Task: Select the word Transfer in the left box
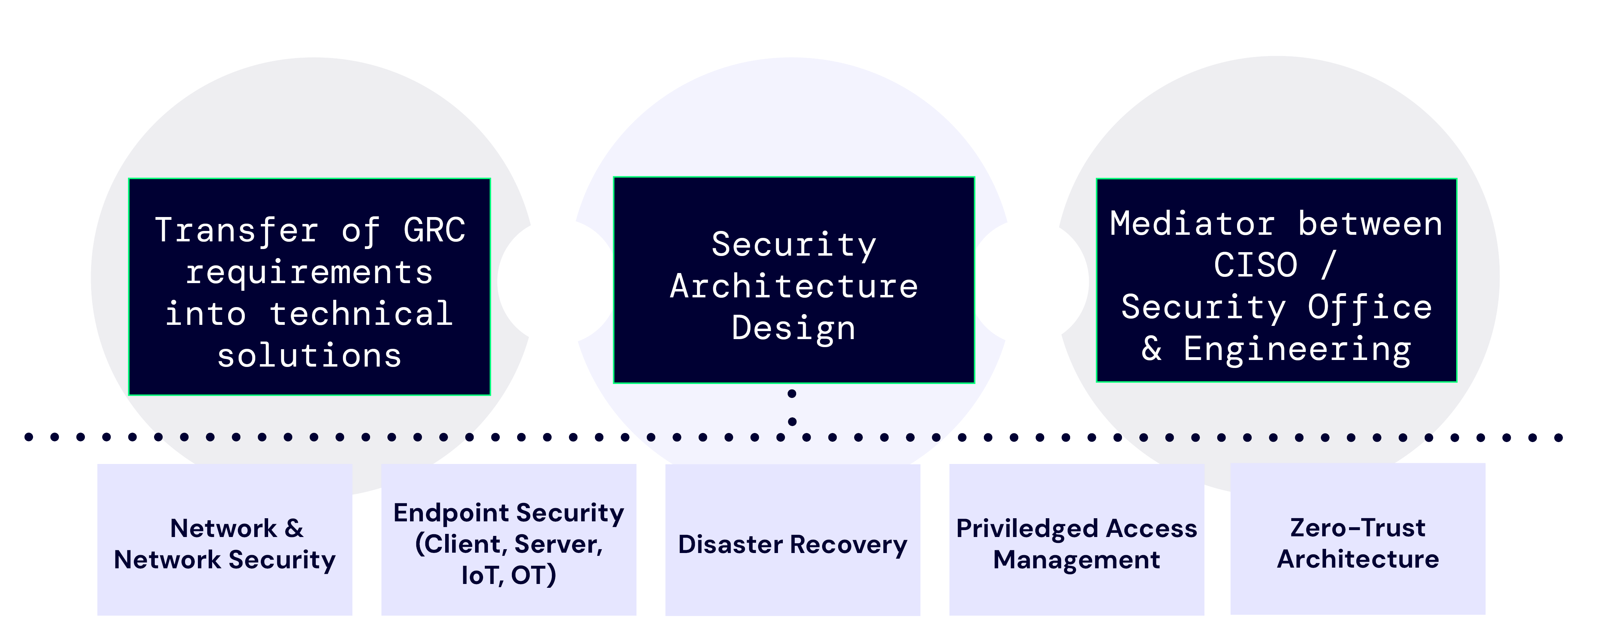(x=236, y=230)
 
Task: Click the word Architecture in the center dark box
(x=794, y=286)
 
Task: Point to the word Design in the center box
(x=794, y=328)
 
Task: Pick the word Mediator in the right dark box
(x=1192, y=224)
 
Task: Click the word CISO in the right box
(x=1255, y=265)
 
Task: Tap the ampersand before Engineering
(x=1151, y=349)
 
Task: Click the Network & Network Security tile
(x=224, y=539)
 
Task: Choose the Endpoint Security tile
(x=508, y=539)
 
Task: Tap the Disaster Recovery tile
(x=792, y=539)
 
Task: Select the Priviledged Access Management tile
(x=1076, y=539)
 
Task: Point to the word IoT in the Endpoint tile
(x=481, y=575)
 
